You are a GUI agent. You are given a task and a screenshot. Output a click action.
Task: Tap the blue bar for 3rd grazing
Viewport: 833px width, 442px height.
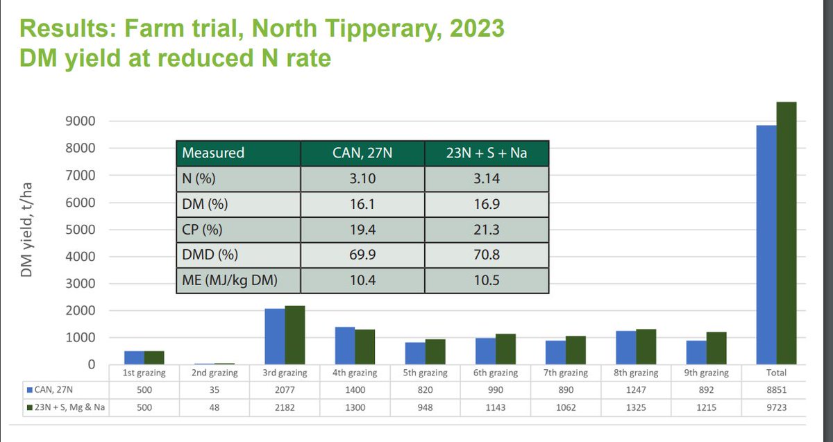[274, 337]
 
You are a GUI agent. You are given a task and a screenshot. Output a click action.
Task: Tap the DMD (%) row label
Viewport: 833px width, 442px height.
[210, 256]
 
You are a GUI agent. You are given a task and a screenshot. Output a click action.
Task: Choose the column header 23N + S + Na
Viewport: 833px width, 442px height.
[486, 153]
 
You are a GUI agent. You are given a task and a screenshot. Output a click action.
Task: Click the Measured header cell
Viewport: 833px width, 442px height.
[213, 153]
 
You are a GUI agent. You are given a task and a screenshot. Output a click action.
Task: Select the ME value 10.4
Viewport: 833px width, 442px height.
[362, 282]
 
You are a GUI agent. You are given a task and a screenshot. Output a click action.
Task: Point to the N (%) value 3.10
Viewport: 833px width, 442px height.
[362, 179]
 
